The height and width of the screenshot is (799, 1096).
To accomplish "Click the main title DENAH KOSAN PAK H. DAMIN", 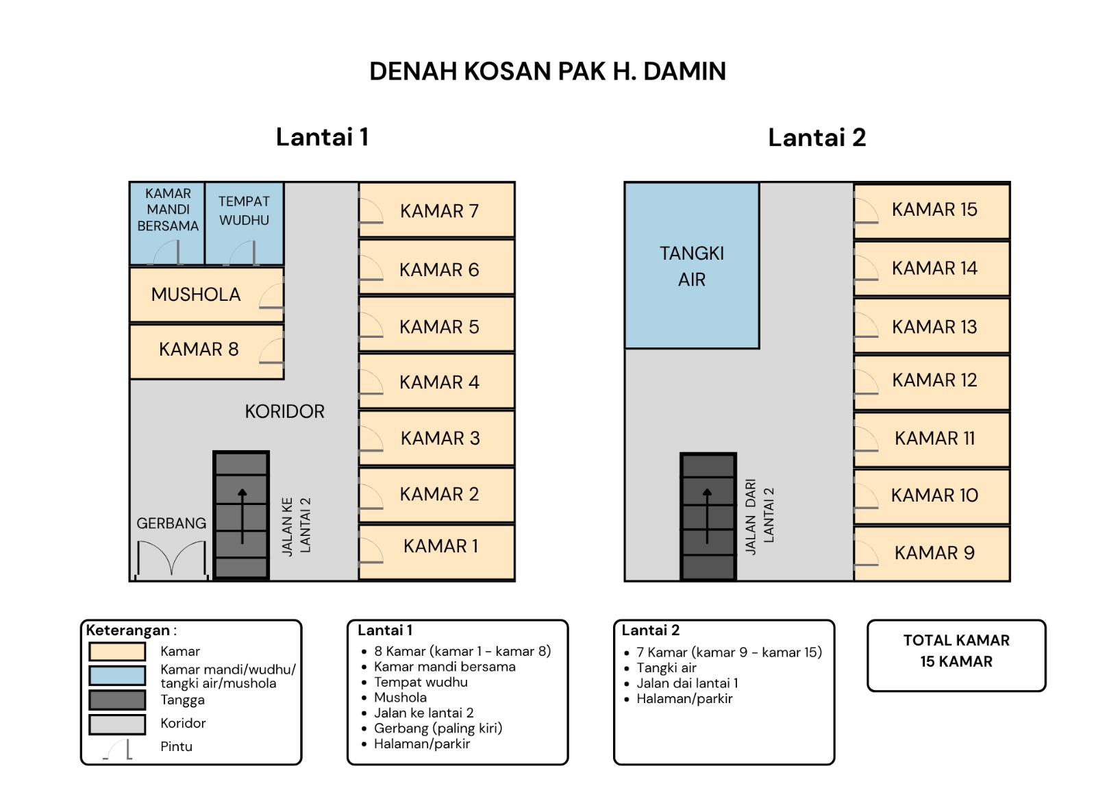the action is pyautogui.click(x=547, y=71).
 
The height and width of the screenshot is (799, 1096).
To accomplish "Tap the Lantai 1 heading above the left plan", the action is pyautogui.click(x=322, y=136).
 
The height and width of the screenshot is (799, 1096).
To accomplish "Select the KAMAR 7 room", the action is pyautogui.click(x=436, y=210).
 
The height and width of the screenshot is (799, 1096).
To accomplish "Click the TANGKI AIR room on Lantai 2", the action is pyautogui.click(x=692, y=265).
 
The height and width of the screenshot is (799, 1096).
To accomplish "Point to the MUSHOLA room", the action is pyautogui.click(x=207, y=294).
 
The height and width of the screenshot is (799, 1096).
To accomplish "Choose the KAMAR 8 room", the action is pyautogui.click(x=207, y=352).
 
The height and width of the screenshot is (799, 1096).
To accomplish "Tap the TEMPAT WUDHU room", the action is pyautogui.click(x=244, y=223).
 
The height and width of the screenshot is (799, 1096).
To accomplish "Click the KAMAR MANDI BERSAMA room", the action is pyautogui.click(x=167, y=223).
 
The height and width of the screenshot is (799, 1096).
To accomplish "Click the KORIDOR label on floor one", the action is pyautogui.click(x=285, y=412).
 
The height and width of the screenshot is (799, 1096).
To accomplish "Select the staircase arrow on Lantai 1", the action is pyautogui.click(x=242, y=516).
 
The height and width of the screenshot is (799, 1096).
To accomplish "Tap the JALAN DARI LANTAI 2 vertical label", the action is pyautogui.click(x=760, y=517).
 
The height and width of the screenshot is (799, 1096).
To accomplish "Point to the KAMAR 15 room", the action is pyautogui.click(x=932, y=211).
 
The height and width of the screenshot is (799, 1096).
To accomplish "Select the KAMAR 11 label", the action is pyautogui.click(x=934, y=438).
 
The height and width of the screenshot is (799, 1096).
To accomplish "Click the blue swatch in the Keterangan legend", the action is pyautogui.click(x=117, y=675).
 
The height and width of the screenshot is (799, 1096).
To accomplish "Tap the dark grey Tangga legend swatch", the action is pyautogui.click(x=117, y=700).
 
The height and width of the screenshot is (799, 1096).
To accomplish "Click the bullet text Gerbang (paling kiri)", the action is pyautogui.click(x=438, y=728).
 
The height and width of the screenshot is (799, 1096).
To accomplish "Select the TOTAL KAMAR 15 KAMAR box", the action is pyautogui.click(x=956, y=656).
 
